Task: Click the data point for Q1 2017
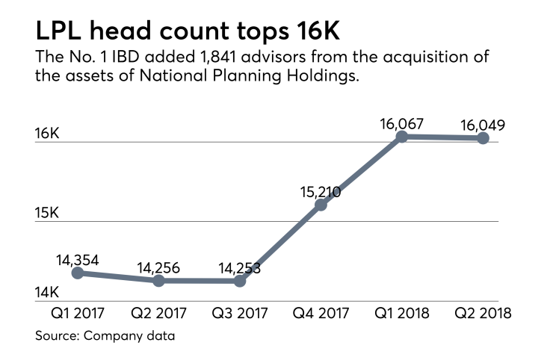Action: tap(78, 273)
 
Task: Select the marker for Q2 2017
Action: tap(158, 281)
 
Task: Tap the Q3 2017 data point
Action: tap(240, 281)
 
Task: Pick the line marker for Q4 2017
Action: tap(321, 205)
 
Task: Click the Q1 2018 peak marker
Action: tap(402, 137)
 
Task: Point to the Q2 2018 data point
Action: tap(483, 138)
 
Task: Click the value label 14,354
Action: tap(78, 261)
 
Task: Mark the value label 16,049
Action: tap(482, 125)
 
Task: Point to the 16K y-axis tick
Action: tap(47, 133)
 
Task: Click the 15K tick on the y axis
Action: tap(47, 214)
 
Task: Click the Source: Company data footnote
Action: tap(105, 336)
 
